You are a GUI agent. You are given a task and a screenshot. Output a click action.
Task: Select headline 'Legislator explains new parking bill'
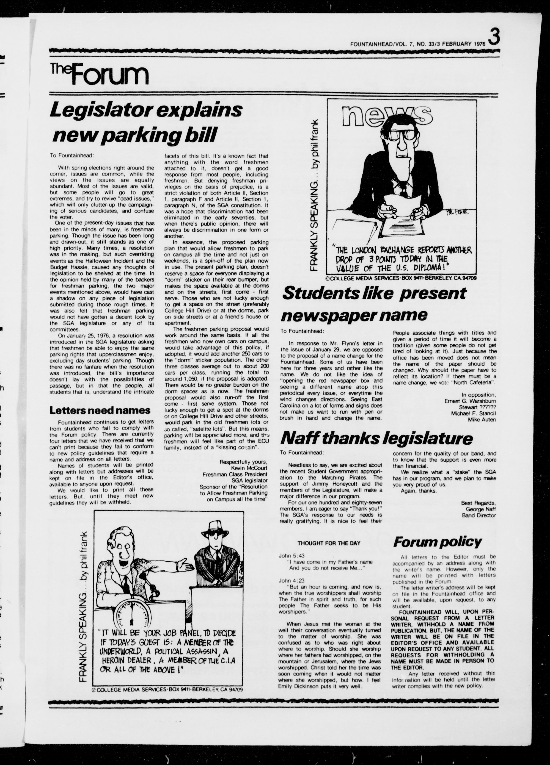(146, 122)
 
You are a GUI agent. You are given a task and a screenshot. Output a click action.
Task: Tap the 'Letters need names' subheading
(100, 411)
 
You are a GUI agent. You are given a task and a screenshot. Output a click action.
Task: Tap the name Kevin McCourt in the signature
(249, 468)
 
